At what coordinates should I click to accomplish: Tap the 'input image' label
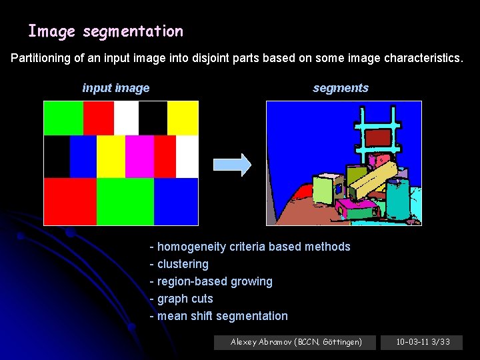(115, 88)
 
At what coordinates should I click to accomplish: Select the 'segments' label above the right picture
(340, 88)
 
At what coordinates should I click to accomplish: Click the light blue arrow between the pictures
(231, 164)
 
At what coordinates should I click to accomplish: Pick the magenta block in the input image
(139, 156)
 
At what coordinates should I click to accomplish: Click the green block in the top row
(63, 118)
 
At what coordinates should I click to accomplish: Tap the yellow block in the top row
(183, 118)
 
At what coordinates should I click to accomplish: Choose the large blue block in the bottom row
(176, 201)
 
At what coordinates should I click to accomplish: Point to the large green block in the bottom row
(125, 201)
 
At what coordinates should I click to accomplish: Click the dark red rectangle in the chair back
(377, 137)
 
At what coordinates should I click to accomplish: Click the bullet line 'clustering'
(183, 264)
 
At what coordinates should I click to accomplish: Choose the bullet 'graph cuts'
(185, 299)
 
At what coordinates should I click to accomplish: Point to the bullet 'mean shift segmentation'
(223, 316)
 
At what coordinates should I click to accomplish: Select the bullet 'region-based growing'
(215, 281)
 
